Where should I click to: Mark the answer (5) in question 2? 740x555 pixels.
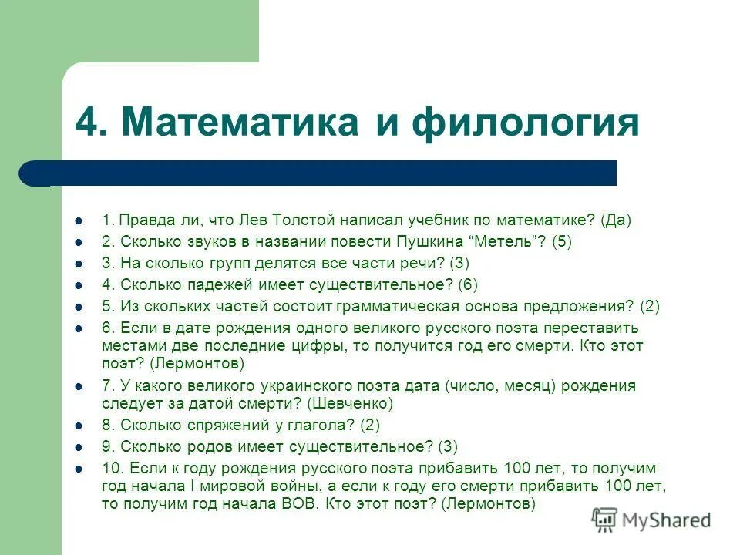pyautogui.click(x=562, y=241)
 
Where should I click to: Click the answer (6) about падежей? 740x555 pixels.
pyautogui.click(x=468, y=284)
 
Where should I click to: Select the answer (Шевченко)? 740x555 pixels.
pyautogui.click(x=350, y=403)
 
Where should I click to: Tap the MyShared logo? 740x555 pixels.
pyautogui.click(x=651, y=520)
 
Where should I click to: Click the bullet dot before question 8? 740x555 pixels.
pyautogui.click(x=79, y=425)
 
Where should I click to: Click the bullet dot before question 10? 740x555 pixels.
pyautogui.click(x=79, y=469)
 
